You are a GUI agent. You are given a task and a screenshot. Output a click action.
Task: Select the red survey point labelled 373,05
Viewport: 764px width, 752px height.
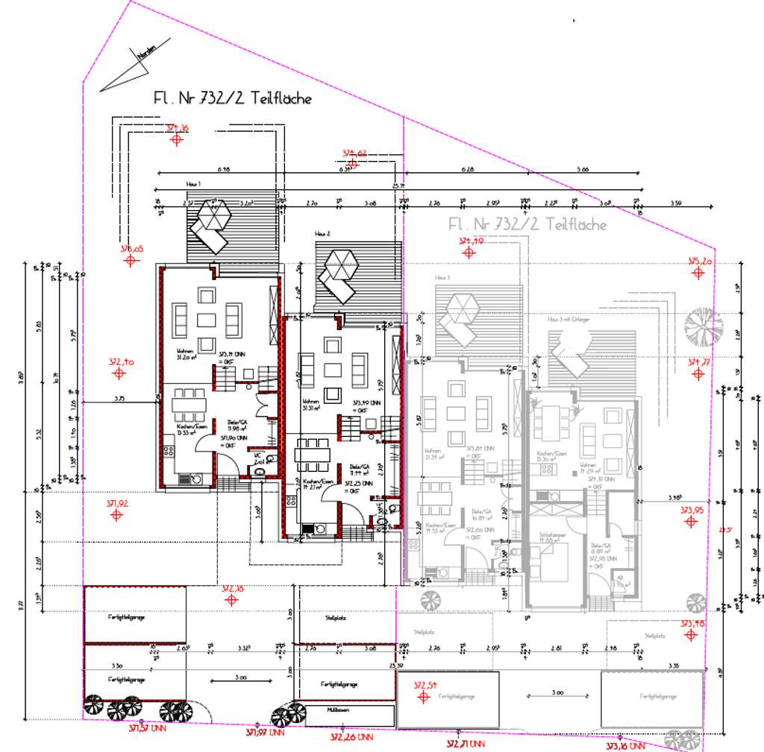click(132, 260)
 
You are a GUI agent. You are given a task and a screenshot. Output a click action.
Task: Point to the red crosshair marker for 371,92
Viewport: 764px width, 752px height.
click(116, 515)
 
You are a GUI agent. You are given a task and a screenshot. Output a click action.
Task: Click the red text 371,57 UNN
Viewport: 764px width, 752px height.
click(148, 727)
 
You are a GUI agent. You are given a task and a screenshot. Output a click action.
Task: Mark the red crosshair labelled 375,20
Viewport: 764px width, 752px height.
click(699, 273)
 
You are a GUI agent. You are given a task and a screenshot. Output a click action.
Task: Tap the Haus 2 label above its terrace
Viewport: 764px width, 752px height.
click(323, 234)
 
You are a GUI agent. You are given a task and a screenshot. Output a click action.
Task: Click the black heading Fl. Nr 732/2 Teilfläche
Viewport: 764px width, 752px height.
click(232, 98)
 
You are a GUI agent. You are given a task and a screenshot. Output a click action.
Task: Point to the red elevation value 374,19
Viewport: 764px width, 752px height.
click(472, 241)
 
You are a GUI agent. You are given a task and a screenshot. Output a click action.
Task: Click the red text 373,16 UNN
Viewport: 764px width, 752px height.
click(625, 746)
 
